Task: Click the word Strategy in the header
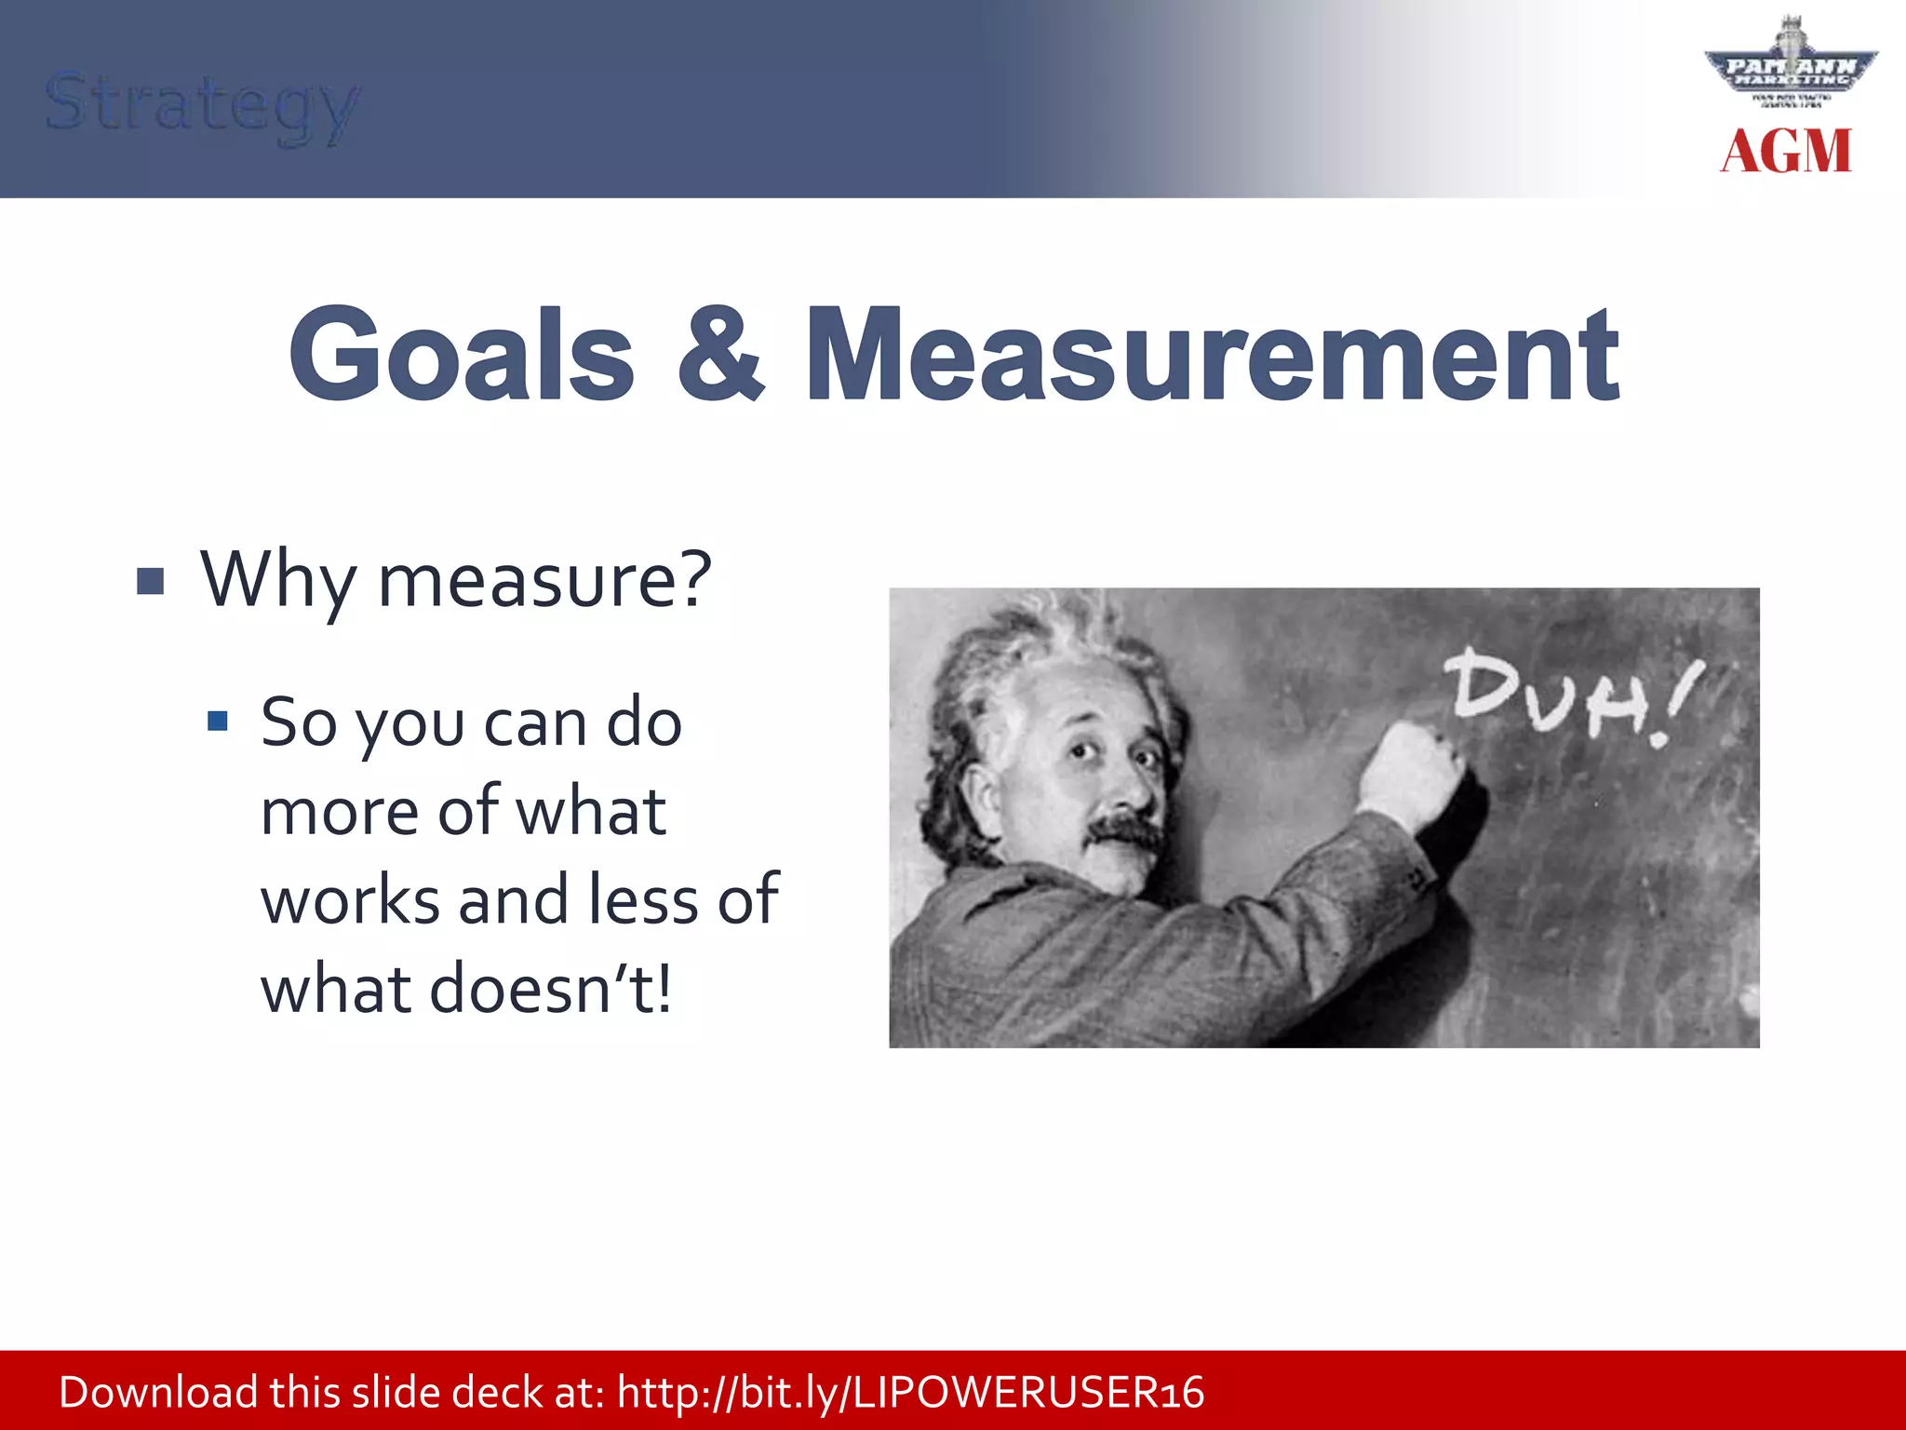201,104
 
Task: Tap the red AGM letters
1786,152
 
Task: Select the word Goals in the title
463,356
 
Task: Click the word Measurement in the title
1213,356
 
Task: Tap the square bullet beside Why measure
150,582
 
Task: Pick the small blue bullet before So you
218,722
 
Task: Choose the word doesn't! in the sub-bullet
550,989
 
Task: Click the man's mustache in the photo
1124,831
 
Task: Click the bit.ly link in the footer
910,1393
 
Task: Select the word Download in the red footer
158,1393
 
